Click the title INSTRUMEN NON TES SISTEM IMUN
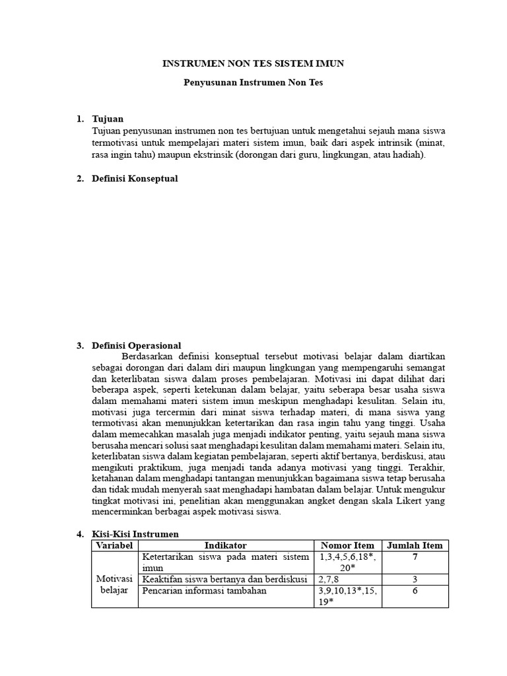253,63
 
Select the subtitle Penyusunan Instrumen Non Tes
253,84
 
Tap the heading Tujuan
108,119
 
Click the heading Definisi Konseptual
135,178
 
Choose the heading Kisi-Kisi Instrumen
135,533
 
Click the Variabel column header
115,545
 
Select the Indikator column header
225,545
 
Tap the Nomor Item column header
347,545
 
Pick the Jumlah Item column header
414,545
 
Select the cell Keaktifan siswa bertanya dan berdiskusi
225,579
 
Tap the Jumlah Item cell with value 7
414,557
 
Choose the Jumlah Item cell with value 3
414,579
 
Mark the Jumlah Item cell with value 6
414,591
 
